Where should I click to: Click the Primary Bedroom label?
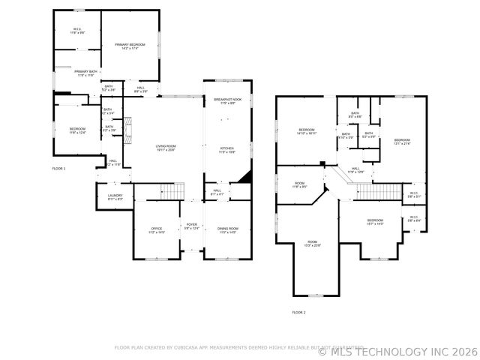[130, 46]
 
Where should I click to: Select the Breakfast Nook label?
[227, 101]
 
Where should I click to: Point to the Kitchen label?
[227, 150]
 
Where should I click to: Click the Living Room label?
[166, 148]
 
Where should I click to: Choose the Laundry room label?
[115, 197]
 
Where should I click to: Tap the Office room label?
[157, 230]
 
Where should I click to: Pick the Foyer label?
[192, 226]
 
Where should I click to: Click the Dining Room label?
[227, 230]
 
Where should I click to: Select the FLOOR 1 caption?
[58, 169]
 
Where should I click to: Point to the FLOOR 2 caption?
[298, 312]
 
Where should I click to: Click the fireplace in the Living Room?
[128, 131]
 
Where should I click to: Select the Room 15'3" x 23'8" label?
[312, 244]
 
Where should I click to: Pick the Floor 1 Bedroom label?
[77, 131]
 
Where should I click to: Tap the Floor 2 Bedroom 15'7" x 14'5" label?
[375, 222]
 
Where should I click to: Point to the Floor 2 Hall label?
[355, 170]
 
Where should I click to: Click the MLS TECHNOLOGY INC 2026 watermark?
[397, 350]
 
